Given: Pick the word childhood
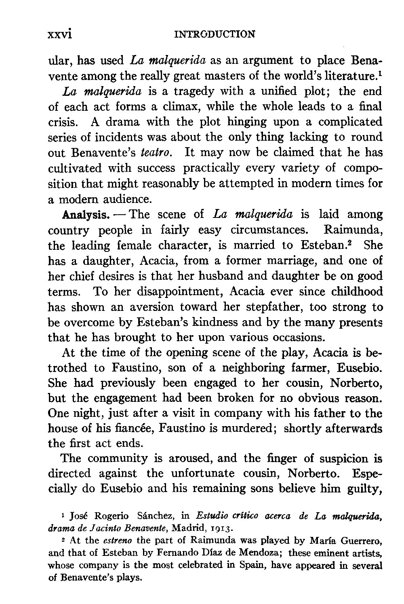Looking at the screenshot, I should tap(356, 291).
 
